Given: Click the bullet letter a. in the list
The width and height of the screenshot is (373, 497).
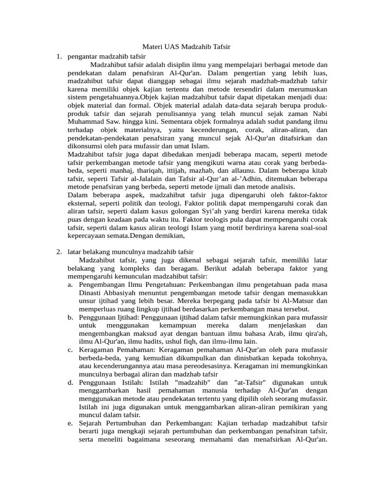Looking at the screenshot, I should click(70, 284).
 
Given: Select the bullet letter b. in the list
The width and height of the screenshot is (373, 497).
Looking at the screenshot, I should click(70, 317).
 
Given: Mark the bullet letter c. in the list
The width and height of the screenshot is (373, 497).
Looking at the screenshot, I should click(70, 349).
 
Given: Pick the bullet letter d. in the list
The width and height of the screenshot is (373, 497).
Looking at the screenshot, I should click(70, 382).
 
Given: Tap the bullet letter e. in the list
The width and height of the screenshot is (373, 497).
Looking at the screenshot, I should click(70, 423).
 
